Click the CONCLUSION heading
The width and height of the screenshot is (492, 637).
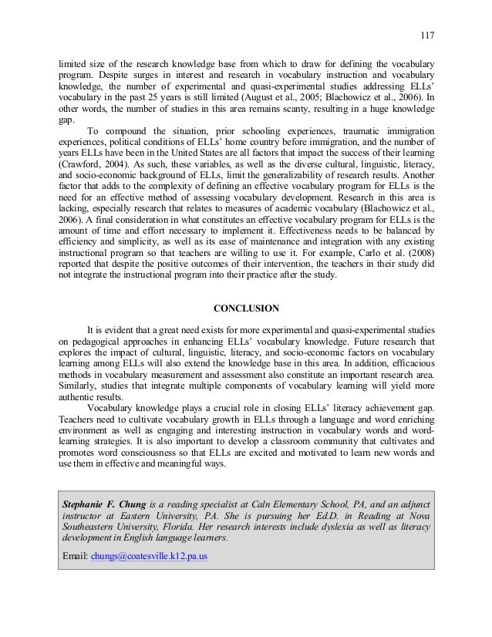[246, 308]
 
